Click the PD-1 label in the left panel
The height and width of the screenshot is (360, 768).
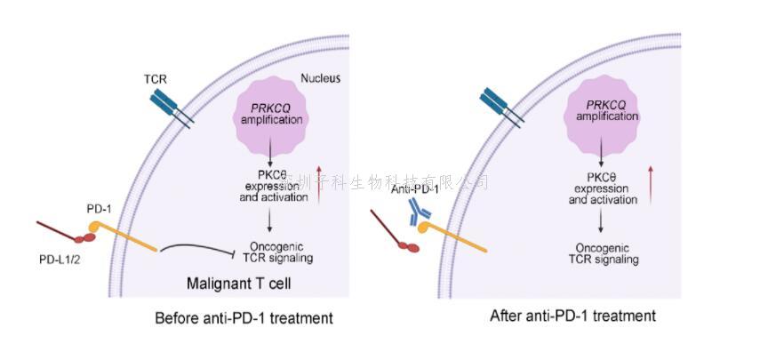(x=100, y=208)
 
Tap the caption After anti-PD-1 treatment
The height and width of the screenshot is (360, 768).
(x=572, y=316)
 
